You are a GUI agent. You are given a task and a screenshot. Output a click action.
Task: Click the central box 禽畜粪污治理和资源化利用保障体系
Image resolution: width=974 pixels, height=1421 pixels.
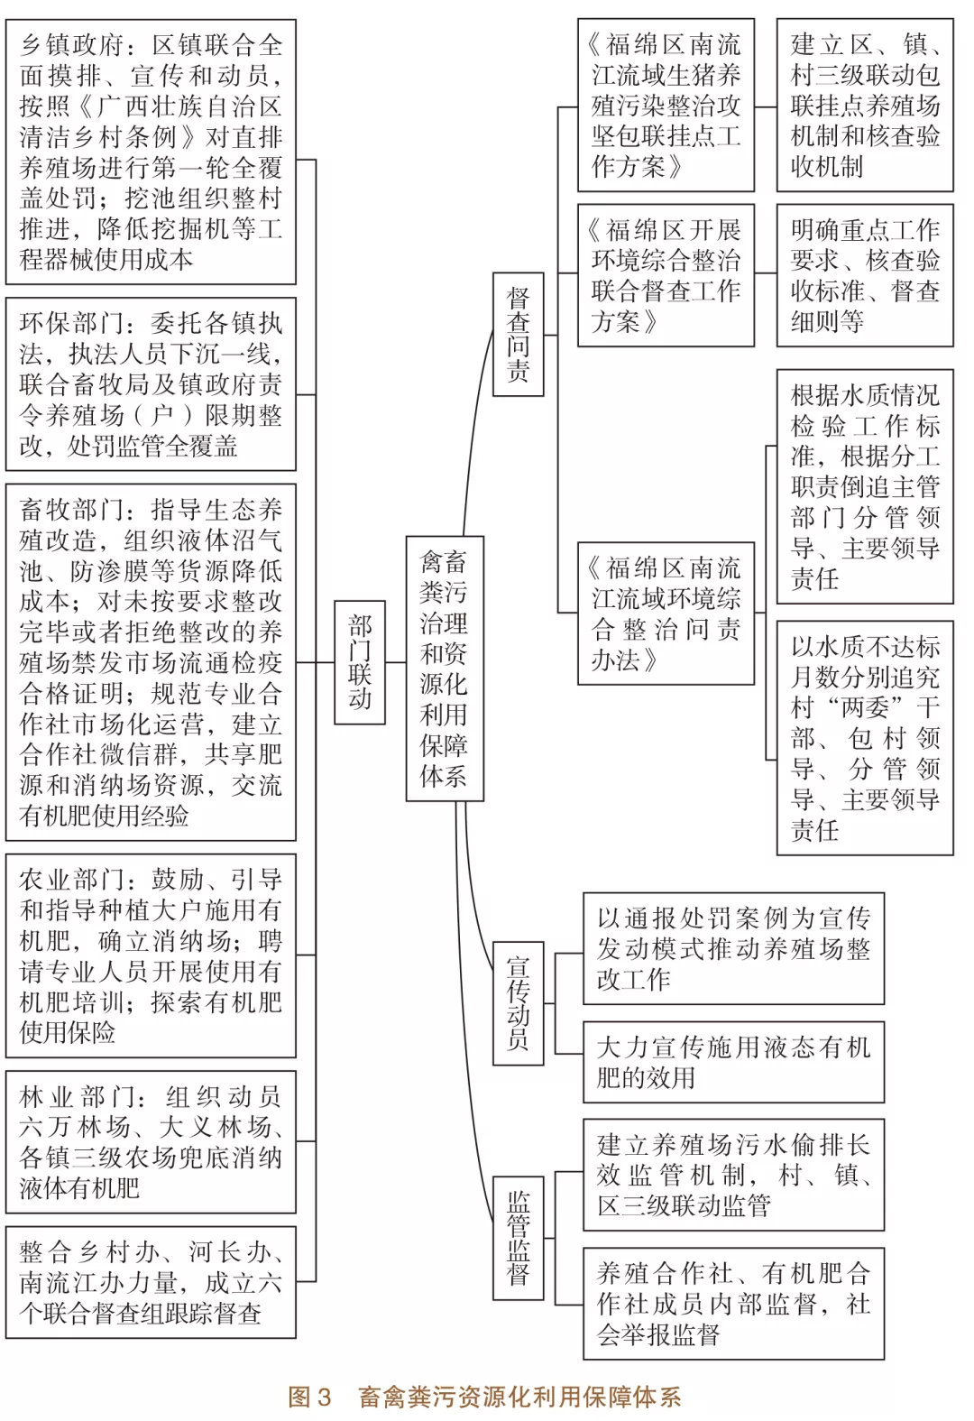444,669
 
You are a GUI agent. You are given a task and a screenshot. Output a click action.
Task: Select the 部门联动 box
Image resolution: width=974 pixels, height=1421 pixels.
359,662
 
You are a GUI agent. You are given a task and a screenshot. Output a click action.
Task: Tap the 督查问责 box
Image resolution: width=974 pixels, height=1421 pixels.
518,334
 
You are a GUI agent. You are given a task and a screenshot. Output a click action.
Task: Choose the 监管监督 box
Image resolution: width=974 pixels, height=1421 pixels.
518,1237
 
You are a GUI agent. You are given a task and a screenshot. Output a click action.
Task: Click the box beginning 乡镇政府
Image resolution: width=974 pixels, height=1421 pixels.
151,152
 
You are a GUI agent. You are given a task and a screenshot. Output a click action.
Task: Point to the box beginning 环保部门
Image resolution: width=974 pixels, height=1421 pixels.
151,384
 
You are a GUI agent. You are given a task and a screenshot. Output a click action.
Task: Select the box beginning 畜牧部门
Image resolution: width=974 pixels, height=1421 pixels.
151,663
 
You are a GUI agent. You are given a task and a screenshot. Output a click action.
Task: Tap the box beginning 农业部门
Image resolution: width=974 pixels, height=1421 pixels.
151,955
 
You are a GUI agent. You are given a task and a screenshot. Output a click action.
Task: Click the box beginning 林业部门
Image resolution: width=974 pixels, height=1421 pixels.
151,1142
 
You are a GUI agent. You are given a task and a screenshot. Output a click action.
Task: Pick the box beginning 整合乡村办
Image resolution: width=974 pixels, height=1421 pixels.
151,1282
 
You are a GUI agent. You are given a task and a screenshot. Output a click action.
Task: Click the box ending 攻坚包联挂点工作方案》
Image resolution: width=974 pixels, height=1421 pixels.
666,106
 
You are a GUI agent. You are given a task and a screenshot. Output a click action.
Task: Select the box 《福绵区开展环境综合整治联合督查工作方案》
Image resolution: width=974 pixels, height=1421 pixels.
666,275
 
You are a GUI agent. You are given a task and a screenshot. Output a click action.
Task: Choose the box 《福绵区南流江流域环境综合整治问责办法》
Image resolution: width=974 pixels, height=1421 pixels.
666,614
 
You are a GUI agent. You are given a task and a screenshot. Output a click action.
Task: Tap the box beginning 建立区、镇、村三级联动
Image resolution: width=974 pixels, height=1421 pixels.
864,106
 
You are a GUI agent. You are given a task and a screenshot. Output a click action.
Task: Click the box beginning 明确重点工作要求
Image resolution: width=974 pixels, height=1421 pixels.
864,275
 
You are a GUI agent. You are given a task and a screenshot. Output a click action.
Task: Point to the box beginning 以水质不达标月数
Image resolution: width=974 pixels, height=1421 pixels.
864,738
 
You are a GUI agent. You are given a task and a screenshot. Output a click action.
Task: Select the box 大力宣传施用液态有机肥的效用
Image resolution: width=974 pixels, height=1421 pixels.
733,1062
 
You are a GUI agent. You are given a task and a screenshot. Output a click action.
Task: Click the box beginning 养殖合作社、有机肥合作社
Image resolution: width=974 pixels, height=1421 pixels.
733,1304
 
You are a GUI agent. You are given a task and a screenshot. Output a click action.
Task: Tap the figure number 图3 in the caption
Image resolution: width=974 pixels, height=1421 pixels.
310,1398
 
